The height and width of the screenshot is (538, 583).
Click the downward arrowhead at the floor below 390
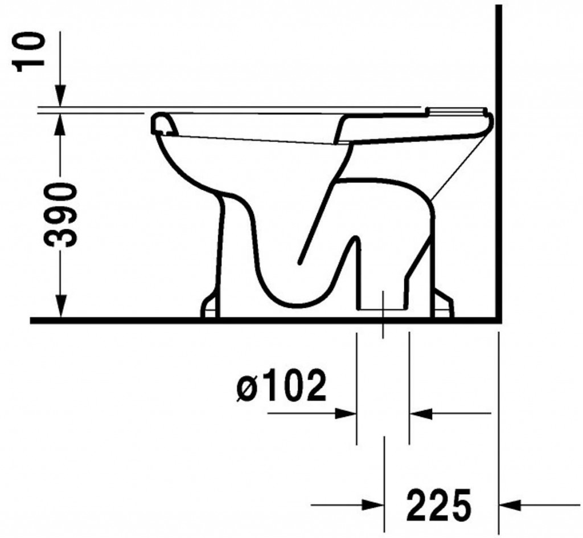click(60, 305)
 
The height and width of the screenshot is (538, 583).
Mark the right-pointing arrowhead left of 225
click(373, 504)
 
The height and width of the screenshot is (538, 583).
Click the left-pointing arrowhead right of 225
click(510, 504)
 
